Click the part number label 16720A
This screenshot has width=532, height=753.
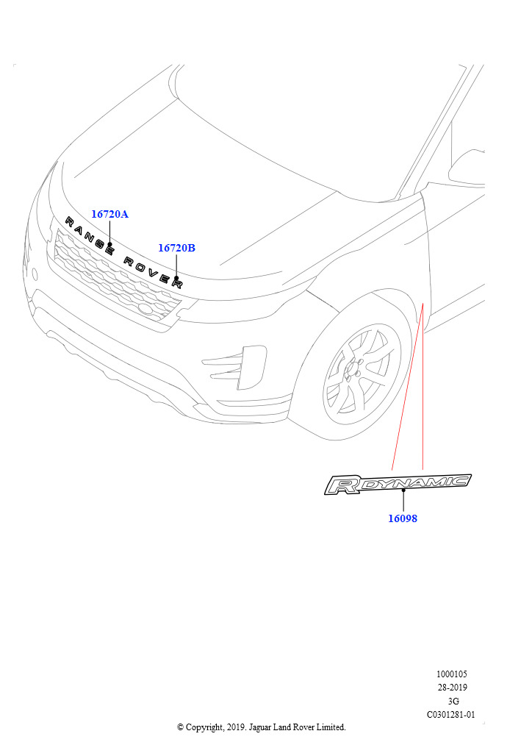(x=109, y=214)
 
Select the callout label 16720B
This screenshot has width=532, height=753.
(x=176, y=248)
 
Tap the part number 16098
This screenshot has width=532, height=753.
(x=403, y=518)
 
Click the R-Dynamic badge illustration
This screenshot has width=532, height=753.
(x=398, y=484)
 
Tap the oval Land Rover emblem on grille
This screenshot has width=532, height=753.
(x=146, y=310)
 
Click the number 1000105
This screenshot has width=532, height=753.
(x=451, y=674)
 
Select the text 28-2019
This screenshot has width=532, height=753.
(x=451, y=688)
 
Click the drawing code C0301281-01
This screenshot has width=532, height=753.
(x=451, y=714)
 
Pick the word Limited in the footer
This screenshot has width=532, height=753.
(x=330, y=727)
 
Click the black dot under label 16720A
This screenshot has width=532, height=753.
(x=109, y=244)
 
